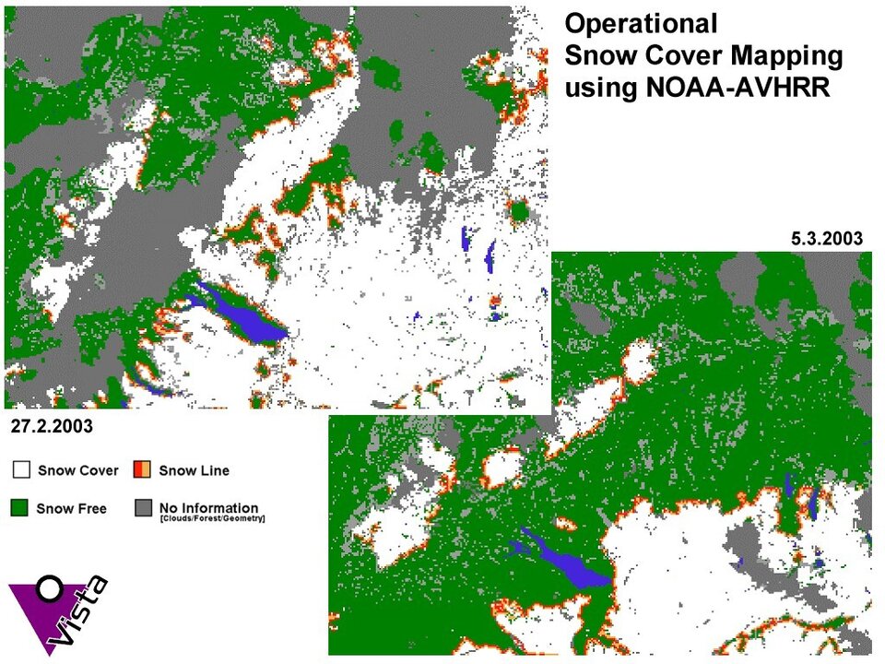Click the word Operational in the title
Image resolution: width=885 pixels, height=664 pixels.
point(641,23)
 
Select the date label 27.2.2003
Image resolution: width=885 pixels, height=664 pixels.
point(52,427)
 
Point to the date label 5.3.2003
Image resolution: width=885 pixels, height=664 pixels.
point(826,238)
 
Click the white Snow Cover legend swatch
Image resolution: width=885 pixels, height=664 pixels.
point(21,470)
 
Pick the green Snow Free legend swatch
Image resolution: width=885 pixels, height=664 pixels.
point(21,508)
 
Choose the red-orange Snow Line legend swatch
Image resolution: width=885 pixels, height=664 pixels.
point(143,470)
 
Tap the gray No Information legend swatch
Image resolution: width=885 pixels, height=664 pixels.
point(143,508)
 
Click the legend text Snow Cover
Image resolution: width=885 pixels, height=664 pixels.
point(78,470)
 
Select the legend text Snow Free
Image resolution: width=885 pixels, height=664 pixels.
point(72,508)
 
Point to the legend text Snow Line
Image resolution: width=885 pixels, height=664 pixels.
point(195,470)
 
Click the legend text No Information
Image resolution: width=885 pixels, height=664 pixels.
point(208,507)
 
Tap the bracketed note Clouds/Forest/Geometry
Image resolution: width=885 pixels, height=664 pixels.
point(211,519)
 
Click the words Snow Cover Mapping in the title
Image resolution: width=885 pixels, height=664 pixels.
point(703,56)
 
